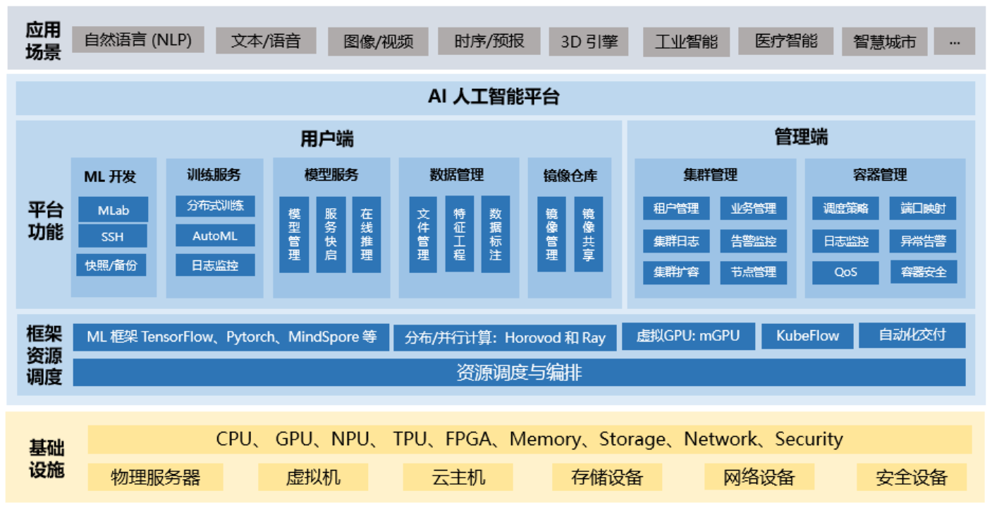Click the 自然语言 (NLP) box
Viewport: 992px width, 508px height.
pos(138,40)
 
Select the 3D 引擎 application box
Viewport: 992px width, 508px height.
pos(589,42)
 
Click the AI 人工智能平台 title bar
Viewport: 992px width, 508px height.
pos(495,97)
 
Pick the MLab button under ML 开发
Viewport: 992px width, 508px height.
pos(113,210)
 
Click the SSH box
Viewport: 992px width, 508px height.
pos(113,237)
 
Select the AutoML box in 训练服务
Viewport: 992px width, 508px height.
pos(215,236)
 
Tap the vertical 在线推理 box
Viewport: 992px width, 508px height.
pos(367,234)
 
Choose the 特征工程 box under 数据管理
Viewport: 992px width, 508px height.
pos(460,234)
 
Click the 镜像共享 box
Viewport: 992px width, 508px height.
pos(588,234)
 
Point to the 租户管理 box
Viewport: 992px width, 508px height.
pos(676,208)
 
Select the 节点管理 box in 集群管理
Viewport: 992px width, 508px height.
pos(754,272)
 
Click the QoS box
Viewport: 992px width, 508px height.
pos(845,272)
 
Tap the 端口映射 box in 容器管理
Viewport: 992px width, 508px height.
pos(923,208)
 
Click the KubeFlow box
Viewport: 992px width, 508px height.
pos(807,336)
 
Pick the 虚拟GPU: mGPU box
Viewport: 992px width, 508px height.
pos(688,336)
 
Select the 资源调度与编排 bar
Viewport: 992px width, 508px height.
pos(519,373)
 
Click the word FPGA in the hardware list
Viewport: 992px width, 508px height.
pos(468,440)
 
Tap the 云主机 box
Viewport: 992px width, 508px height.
pos(458,477)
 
